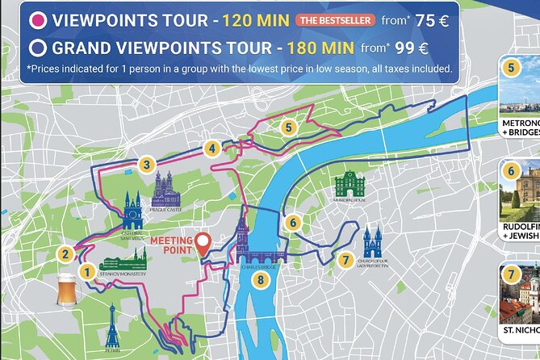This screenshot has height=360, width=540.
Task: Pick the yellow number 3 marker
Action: [146, 165]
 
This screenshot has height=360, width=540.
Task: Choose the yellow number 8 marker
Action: [259, 280]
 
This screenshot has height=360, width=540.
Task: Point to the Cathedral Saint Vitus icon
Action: [133, 210]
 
